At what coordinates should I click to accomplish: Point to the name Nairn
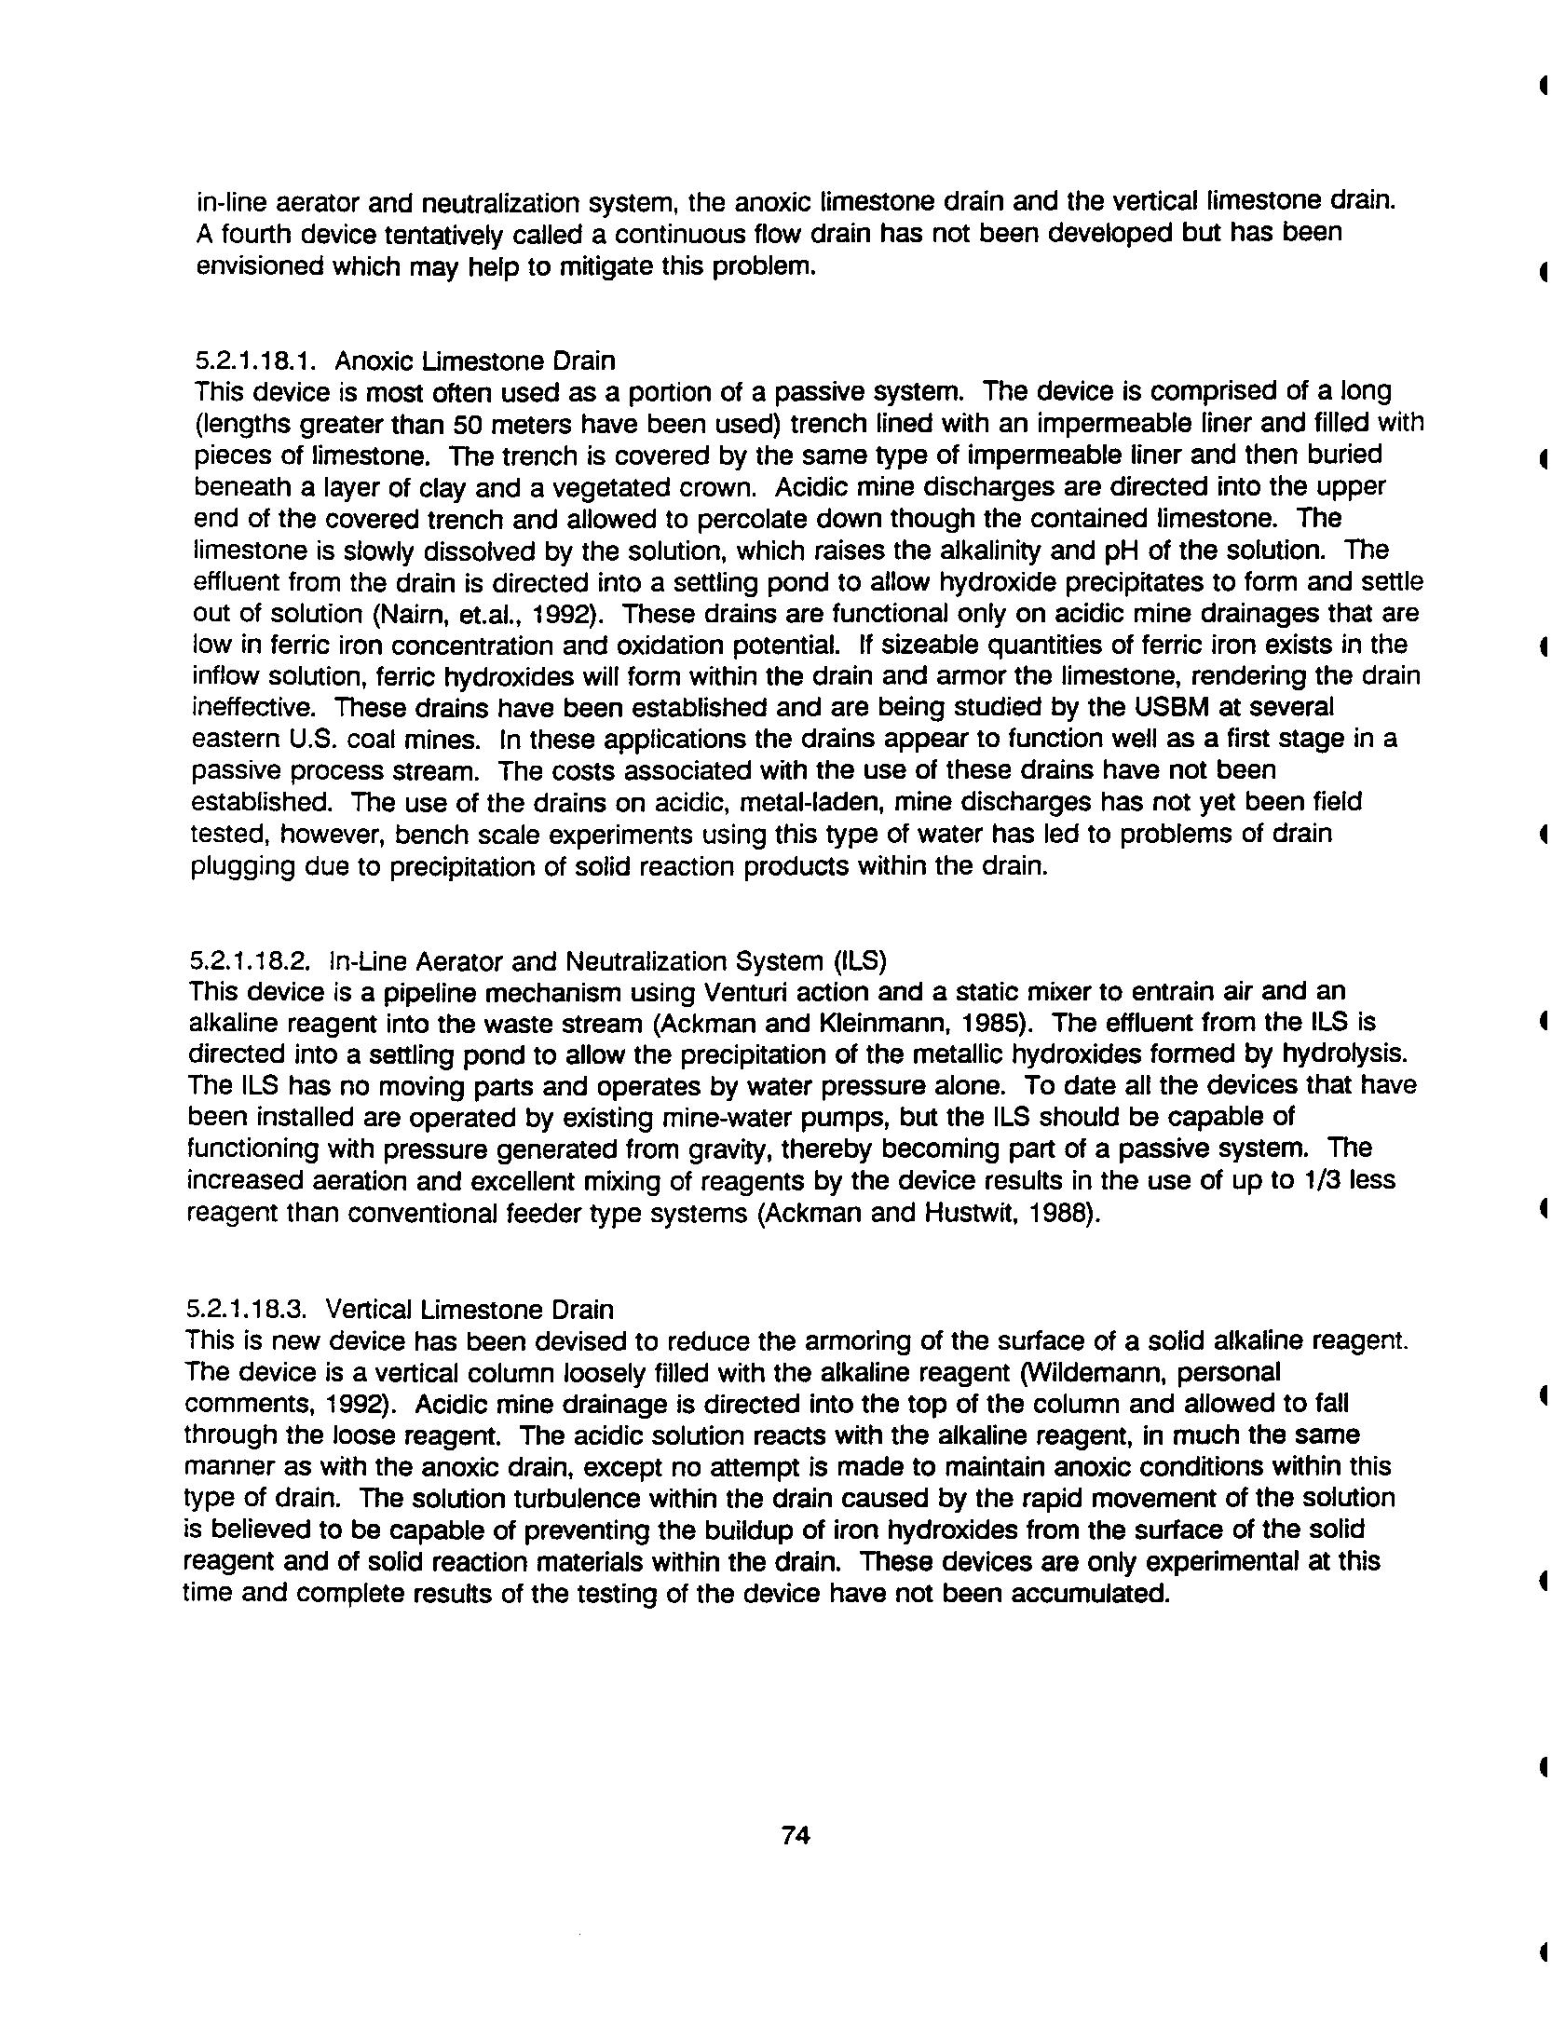407,614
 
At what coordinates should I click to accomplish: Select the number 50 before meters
469,424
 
